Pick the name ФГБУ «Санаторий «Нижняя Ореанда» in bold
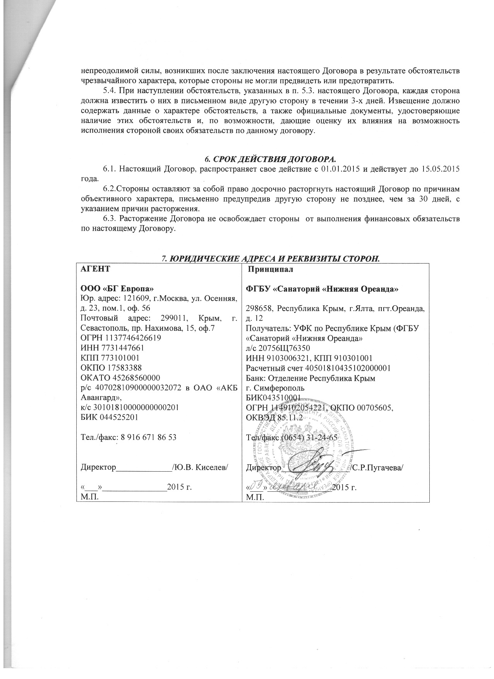pyautogui.click(x=322, y=289)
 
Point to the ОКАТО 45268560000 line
pyautogui.click(x=120, y=377)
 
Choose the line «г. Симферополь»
pyautogui.click(x=275, y=388)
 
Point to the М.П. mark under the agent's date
pyautogui.click(x=88, y=497)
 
